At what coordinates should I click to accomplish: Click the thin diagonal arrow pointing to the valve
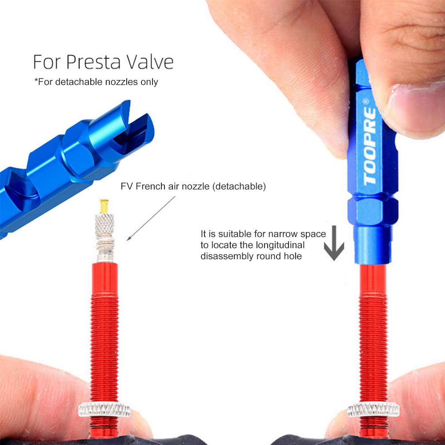coord(151,218)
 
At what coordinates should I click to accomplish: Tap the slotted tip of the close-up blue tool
coord(133,124)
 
